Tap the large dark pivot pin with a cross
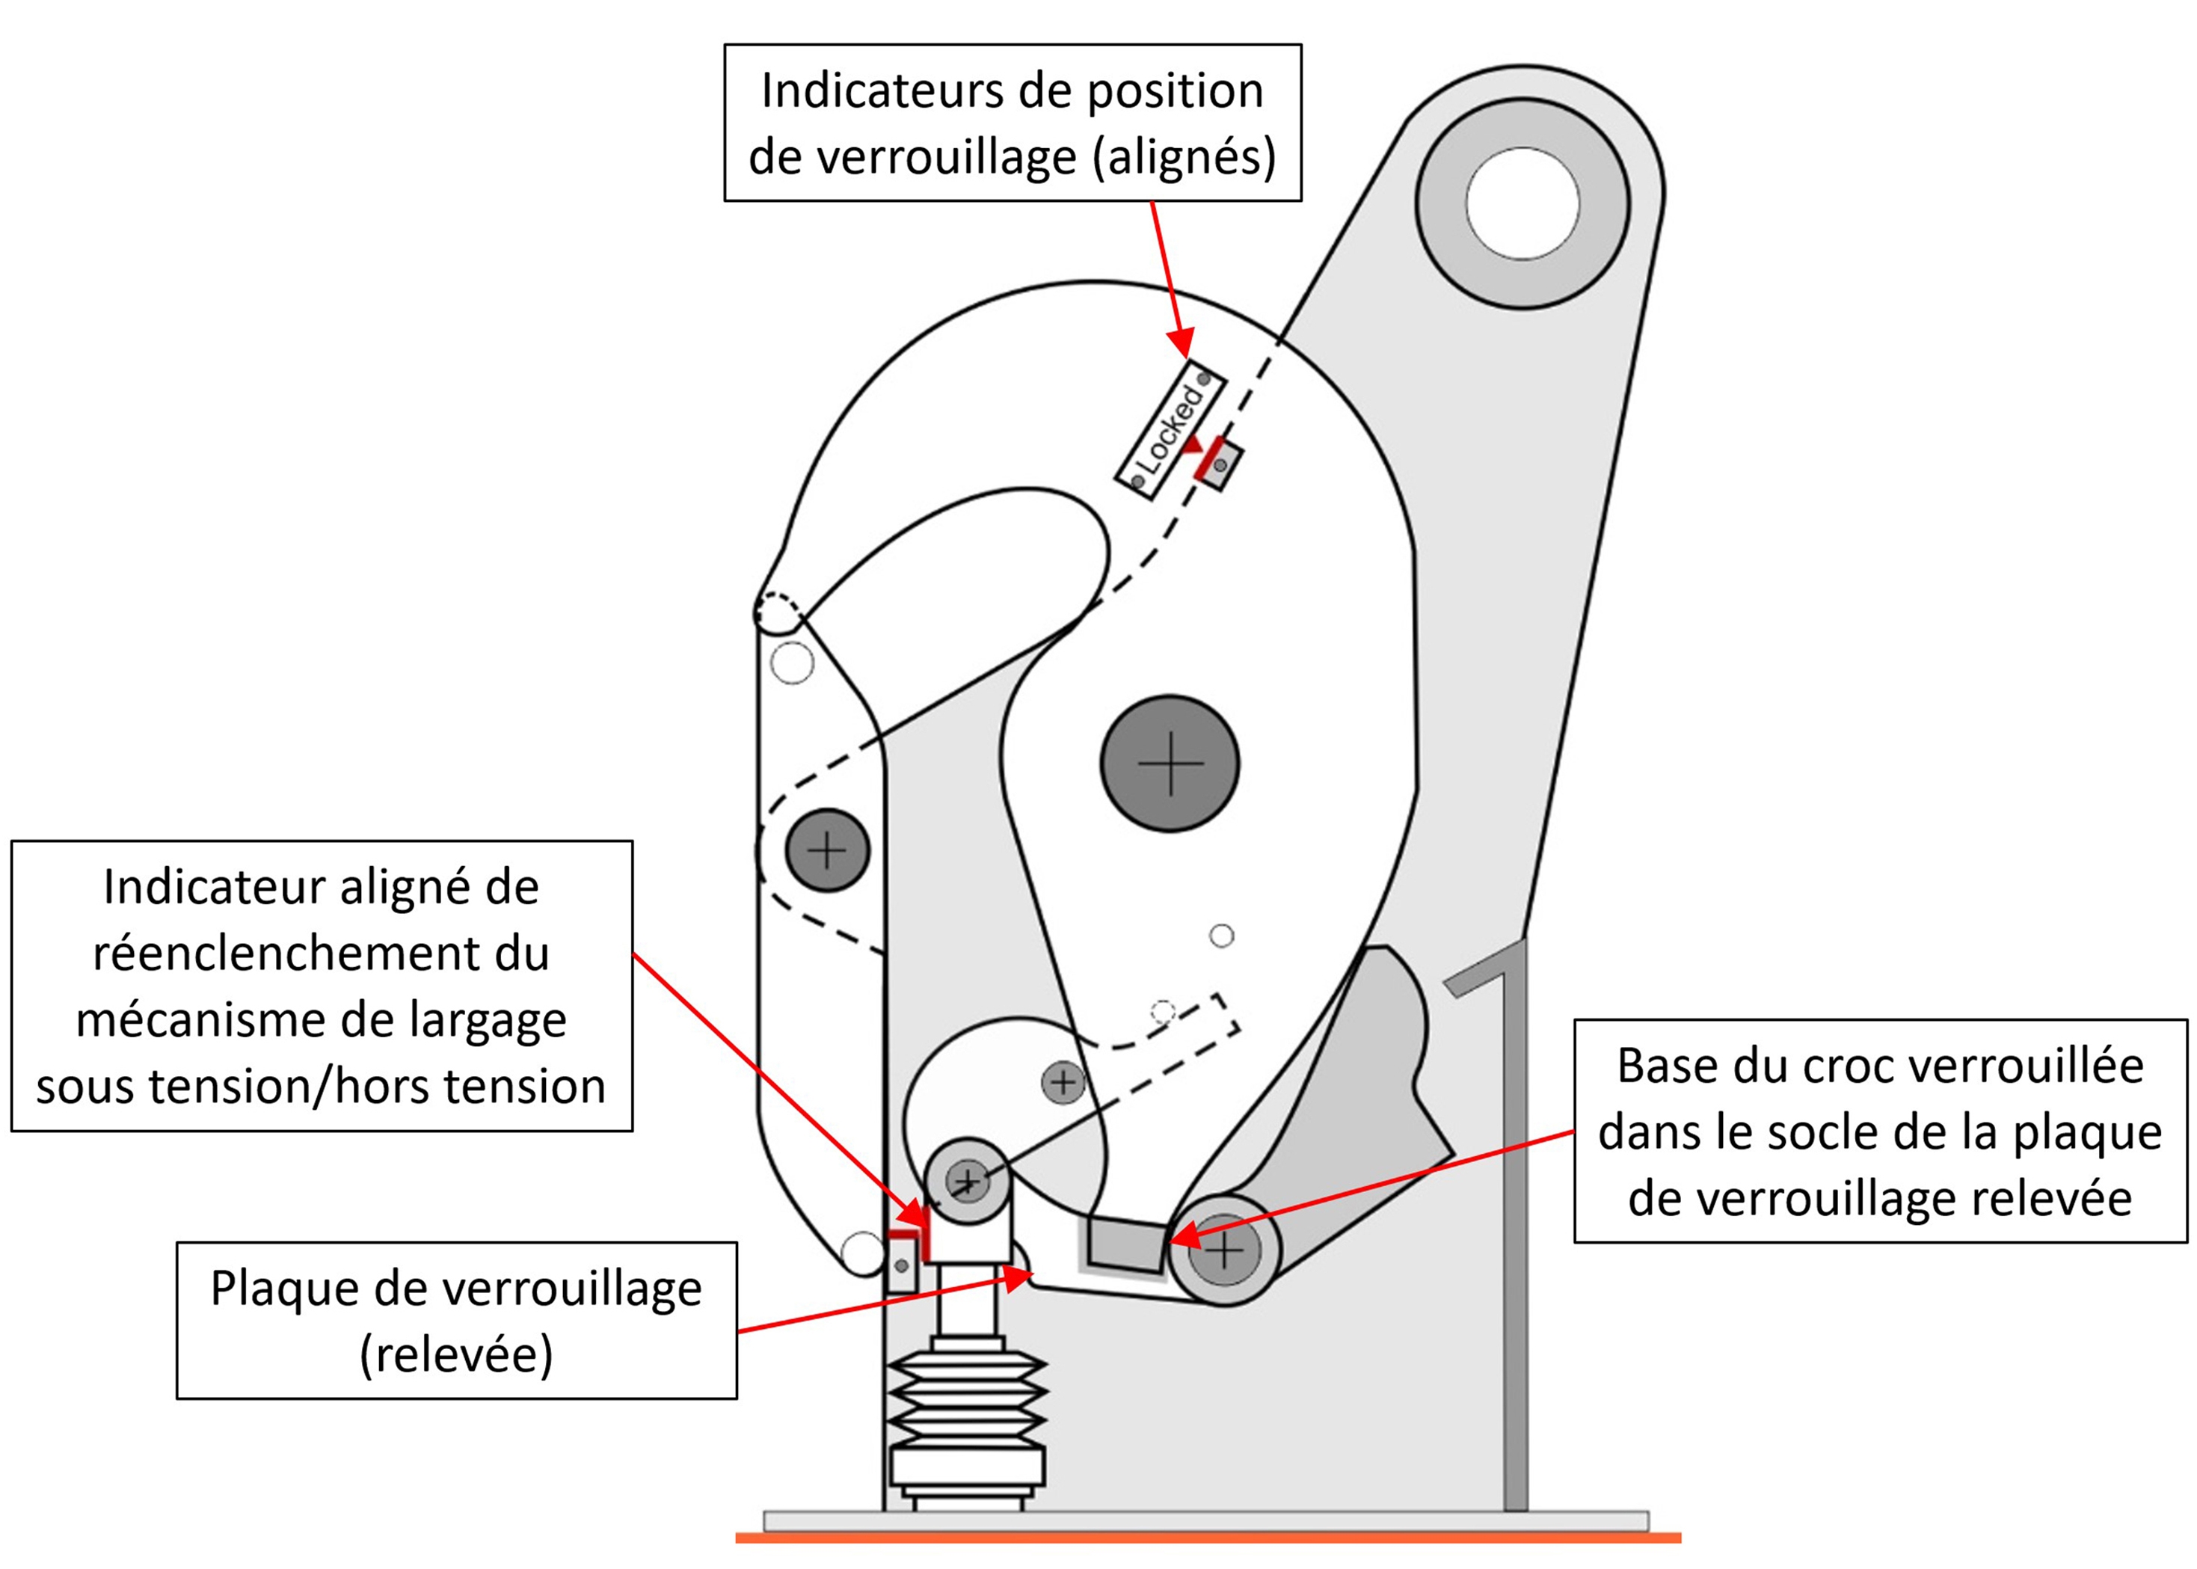tap(1170, 764)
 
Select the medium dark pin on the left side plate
tap(827, 850)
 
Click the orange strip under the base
tap(1208, 1537)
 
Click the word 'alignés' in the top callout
tap(1184, 156)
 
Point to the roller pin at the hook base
tap(1224, 1252)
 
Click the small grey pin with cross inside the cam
tap(1063, 1081)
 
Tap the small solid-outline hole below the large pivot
tap(1221, 936)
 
